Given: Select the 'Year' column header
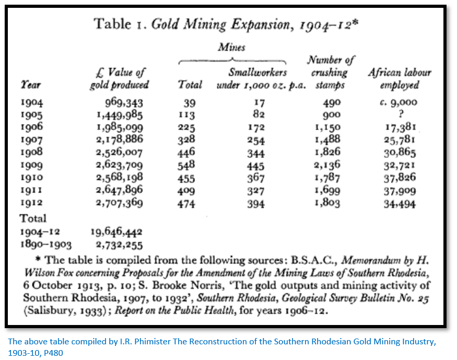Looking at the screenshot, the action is [30, 85].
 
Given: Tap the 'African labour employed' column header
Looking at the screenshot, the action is [400, 79].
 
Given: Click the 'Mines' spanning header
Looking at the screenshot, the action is [232, 47].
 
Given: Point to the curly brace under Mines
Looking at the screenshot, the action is [232, 61].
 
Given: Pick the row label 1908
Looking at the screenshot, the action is [31, 152].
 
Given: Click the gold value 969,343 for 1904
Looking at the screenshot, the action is [124, 103].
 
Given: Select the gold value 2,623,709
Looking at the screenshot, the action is [120, 165].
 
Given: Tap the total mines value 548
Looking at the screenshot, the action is [186, 166].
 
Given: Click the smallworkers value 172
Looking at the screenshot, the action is [256, 127].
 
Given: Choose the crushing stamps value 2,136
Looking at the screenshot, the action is [327, 165].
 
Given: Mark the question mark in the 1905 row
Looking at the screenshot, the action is [401, 114].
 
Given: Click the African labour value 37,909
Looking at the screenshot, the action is [400, 191].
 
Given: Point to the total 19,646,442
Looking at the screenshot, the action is [116, 232].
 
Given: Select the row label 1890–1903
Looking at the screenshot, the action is [46, 245].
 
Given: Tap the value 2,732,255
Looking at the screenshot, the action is [120, 245].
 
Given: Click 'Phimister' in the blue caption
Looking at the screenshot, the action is [153, 341].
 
